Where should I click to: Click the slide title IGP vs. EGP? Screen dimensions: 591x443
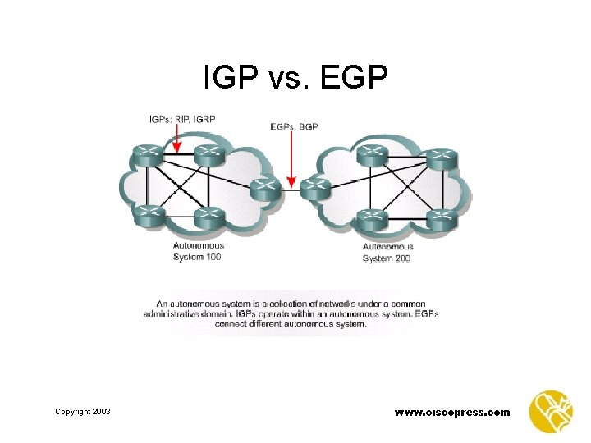tap(295, 79)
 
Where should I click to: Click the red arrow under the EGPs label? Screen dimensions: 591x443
tap(291, 161)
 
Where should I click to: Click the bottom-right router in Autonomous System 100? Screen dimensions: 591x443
tap(208, 217)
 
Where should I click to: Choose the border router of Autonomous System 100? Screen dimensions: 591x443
tap(263, 188)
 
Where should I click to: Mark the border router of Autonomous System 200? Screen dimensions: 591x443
tap(315, 188)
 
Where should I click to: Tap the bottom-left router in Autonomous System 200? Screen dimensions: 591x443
tap(373, 217)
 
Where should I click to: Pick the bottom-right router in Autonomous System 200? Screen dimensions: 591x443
tap(441, 219)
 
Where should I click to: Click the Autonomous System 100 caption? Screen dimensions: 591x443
tap(198, 251)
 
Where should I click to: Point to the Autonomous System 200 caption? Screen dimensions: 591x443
tap(388, 252)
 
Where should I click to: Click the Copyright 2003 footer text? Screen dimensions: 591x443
tap(83, 411)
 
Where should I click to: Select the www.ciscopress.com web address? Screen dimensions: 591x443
tap(452, 412)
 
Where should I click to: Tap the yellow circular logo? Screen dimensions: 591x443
tap(551, 411)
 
